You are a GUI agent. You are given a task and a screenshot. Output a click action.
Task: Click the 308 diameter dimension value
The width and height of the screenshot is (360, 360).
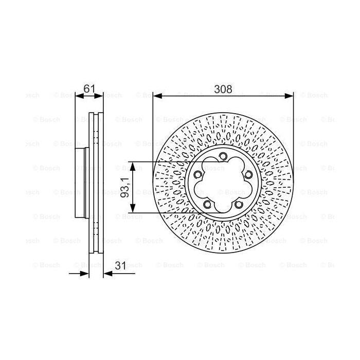[223, 89]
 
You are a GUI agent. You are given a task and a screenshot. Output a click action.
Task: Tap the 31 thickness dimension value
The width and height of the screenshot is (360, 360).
[120, 265]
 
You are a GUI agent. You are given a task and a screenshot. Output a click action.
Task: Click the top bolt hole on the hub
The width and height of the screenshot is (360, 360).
[223, 157]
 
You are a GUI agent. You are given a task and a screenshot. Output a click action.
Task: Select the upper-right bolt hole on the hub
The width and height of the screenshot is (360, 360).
[248, 176]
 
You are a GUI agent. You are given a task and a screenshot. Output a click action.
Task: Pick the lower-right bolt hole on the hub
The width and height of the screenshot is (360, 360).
[239, 206]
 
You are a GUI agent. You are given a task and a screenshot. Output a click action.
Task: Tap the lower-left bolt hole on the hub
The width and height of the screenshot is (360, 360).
[207, 206]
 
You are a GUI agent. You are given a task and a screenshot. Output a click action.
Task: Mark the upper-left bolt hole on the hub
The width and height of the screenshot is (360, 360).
[197, 176]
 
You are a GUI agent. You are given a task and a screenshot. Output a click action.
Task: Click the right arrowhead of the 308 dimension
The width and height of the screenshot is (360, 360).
[290, 96]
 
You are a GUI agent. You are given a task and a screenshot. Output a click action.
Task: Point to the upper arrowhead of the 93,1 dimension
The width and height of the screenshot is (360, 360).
[133, 166]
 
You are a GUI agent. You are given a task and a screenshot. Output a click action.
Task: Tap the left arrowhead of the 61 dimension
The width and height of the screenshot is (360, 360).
[79, 96]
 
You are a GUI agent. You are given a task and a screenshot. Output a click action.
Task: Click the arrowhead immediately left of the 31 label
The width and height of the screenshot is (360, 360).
[107, 273]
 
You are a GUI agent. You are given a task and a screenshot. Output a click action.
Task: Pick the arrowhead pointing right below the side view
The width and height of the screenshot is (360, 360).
[86, 273]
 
